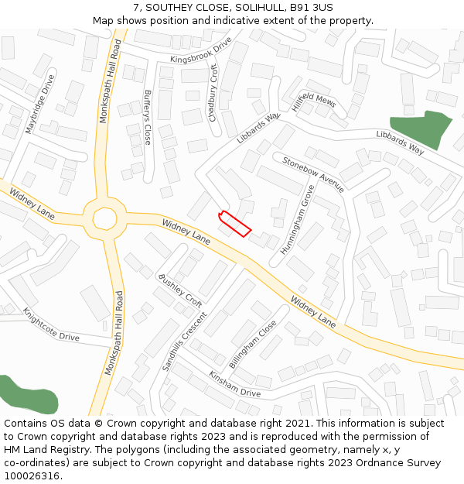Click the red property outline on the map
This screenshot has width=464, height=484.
pyautogui.click(x=235, y=223)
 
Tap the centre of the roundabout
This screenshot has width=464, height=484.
pyautogui.click(x=104, y=218)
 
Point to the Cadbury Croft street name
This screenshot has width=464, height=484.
pyautogui.click(x=213, y=92)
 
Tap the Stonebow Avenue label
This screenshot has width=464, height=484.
pyautogui.click(x=313, y=174)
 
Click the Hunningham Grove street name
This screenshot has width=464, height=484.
pyautogui.click(x=297, y=221)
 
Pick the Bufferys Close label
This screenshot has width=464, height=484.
pyautogui.click(x=148, y=118)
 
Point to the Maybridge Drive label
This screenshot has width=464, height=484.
pyautogui.click(x=39, y=105)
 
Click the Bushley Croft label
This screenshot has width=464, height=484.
pyautogui.click(x=179, y=290)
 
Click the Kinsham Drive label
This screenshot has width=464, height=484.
pyautogui.click(x=234, y=383)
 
